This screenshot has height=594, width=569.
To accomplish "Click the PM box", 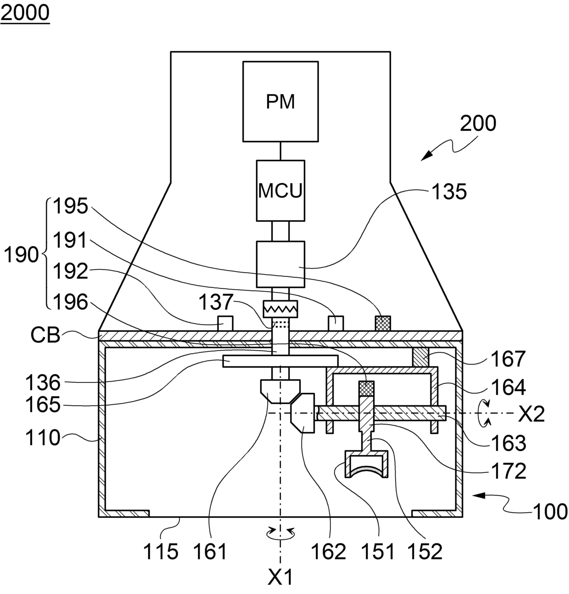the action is point(280,101).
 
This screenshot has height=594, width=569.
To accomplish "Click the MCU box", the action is point(280,191).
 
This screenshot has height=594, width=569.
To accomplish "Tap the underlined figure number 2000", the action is point(25,13).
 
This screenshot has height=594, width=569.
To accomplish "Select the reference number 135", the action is point(449,192).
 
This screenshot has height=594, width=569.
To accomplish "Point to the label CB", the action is point(45,335).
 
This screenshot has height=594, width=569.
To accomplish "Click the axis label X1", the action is point(280,576).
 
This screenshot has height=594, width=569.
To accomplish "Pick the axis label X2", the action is point(531,414).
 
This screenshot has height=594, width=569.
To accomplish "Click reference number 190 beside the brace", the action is point(22,254).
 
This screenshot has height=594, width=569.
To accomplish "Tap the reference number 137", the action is point(216,302).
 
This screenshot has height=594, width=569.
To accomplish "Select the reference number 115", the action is point(161,551).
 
